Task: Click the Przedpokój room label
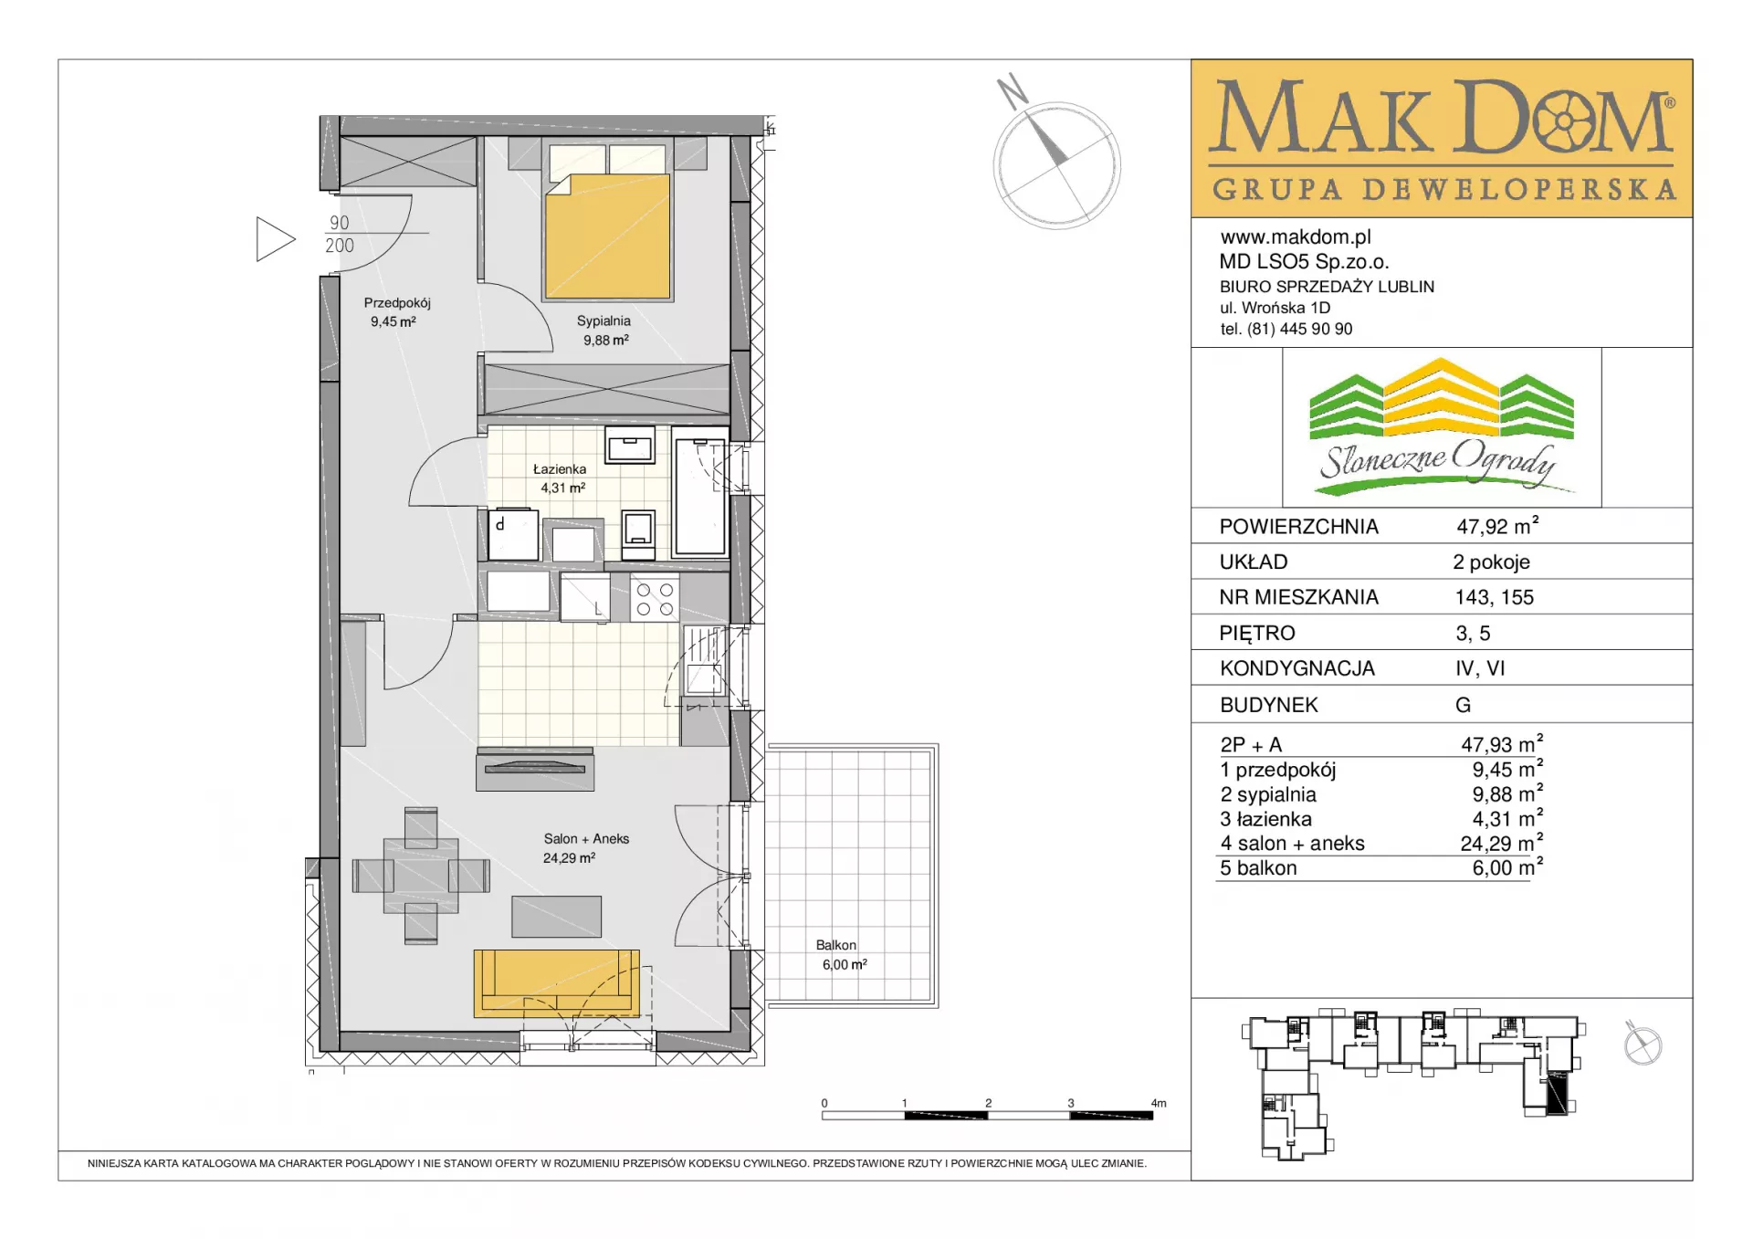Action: pos(397,303)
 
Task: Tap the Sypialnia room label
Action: pos(604,321)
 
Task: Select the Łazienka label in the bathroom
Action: pos(560,469)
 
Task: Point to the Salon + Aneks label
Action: pos(586,839)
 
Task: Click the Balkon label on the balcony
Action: pos(836,946)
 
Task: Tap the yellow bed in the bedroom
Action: pos(608,236)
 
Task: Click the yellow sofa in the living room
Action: pos(556,982)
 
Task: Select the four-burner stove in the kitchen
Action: pos(655,600)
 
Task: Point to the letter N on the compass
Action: pos(1013,91)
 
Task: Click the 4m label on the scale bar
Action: pos(1159,1104)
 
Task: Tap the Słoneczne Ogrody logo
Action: pos(1442,426)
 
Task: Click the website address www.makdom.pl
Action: pos(1296,237)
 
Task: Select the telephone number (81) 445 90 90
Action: pos(1300,330)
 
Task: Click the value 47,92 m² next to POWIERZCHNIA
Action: pos(1497,526)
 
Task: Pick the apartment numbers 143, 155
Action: pos(1495,598)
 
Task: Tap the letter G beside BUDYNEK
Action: pos(1464,705)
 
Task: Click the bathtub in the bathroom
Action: pos(700,492)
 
